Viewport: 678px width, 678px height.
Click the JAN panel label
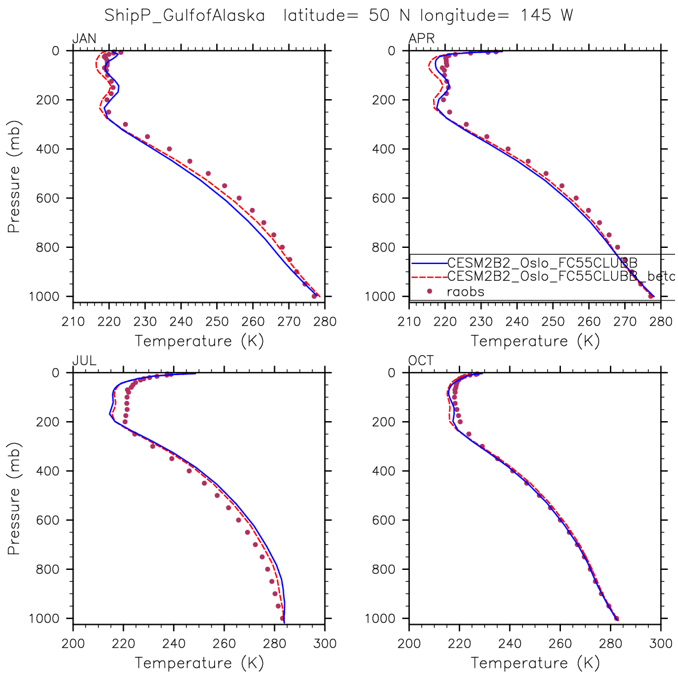tap(84, 39)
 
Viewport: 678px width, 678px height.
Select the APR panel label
tap(421, 39)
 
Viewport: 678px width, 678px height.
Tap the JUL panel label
tap(84, 361)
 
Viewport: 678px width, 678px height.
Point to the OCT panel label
tap(421, 361)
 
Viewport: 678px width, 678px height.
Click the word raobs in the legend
tap(465, 292)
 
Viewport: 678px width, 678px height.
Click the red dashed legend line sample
tap(428, 277)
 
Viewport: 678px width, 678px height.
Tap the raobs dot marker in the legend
tap(429, 291)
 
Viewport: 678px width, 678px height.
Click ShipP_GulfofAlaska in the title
tap(185, 16)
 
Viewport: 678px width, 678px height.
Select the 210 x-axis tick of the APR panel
tap(409, 321)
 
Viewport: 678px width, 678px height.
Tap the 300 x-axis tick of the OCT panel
tap(661, 643)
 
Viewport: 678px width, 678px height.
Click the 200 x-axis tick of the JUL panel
tap(73, 643)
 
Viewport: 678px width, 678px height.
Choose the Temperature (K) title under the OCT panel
tap(535, 662)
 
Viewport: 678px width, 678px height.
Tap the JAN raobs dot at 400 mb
tap(169, 149)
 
